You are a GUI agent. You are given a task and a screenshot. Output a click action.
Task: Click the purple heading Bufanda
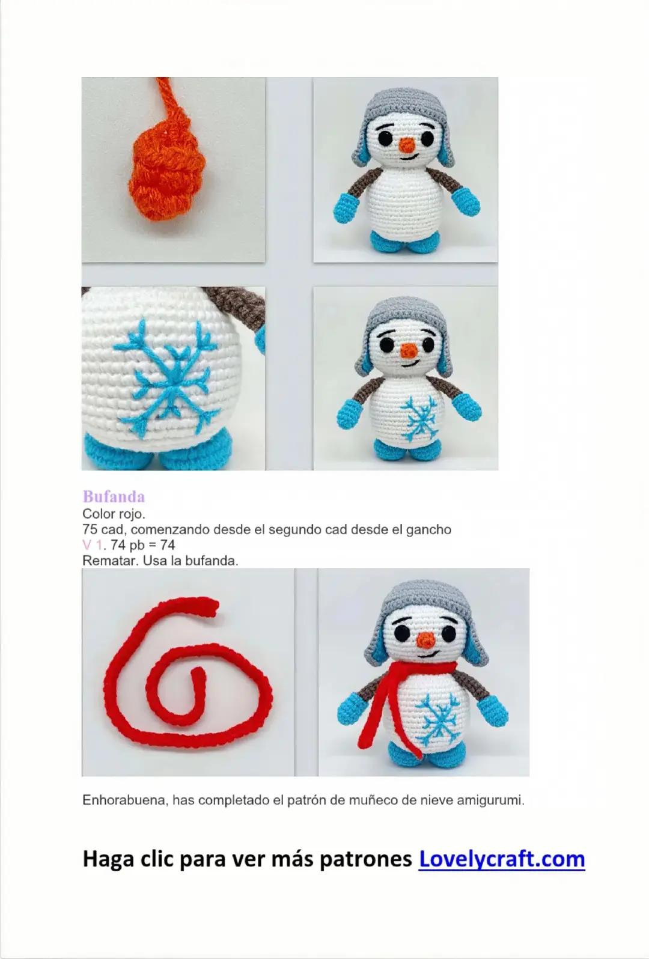[114, 497]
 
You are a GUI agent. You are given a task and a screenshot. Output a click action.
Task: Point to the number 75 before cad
[89, 530]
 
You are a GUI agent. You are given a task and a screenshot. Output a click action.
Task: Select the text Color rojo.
[114, 514]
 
